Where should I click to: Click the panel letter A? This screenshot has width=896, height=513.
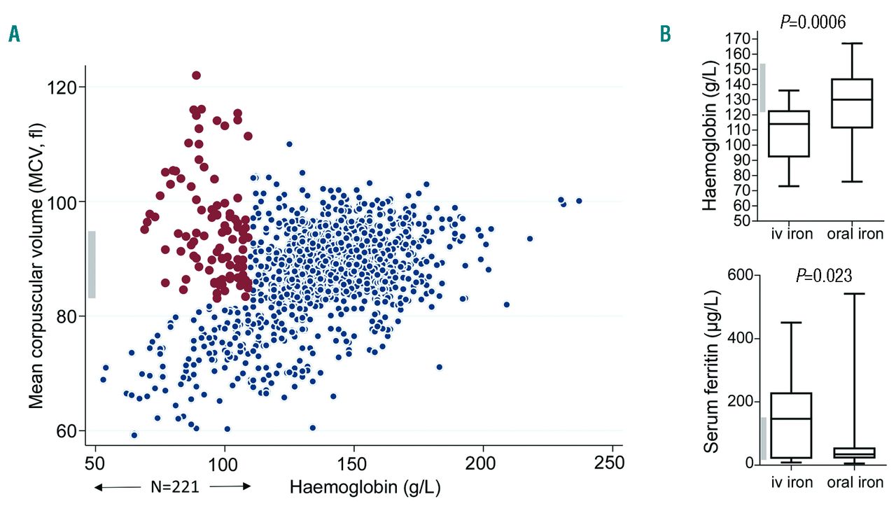[14, 34]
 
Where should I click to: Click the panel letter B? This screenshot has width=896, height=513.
[666, 34]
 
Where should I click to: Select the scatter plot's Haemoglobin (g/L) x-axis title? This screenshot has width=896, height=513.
[365, 487]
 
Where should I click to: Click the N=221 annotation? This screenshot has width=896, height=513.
[174, 487]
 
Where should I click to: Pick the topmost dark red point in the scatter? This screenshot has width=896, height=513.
[197, 76]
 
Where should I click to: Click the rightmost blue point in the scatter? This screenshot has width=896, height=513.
[579, 201]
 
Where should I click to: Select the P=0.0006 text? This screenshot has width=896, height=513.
[813, 22]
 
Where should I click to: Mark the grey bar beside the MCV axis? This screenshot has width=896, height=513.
[92, 265]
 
